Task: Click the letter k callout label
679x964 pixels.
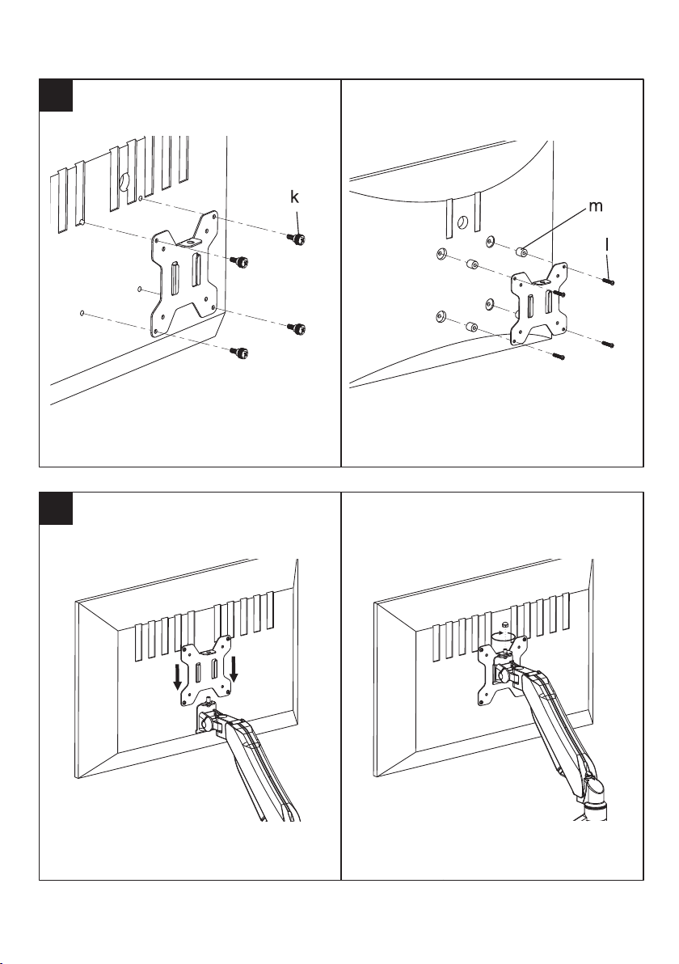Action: [x=295, y=197]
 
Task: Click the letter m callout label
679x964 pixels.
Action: [x=596, y=207]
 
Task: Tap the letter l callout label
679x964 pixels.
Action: [x=607, y=244]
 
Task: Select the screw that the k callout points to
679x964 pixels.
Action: [x=297, y=239]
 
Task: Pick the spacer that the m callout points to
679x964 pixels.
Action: [x=521, y=250]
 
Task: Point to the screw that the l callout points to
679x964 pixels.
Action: [x=609, y=281]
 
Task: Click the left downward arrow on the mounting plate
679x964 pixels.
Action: [x=178, y=678]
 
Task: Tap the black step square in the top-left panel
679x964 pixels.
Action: [x=56, y=95]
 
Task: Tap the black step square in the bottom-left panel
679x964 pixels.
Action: [x=56, y=509]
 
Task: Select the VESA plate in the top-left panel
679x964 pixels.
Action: [x=185, y=274]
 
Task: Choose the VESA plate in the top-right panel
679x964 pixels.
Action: [x=539, y=303]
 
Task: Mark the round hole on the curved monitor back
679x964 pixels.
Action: [x=463, y=222]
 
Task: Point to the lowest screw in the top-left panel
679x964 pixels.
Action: [x=239, y=353]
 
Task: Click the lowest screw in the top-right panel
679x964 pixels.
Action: [x=559, y=355]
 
